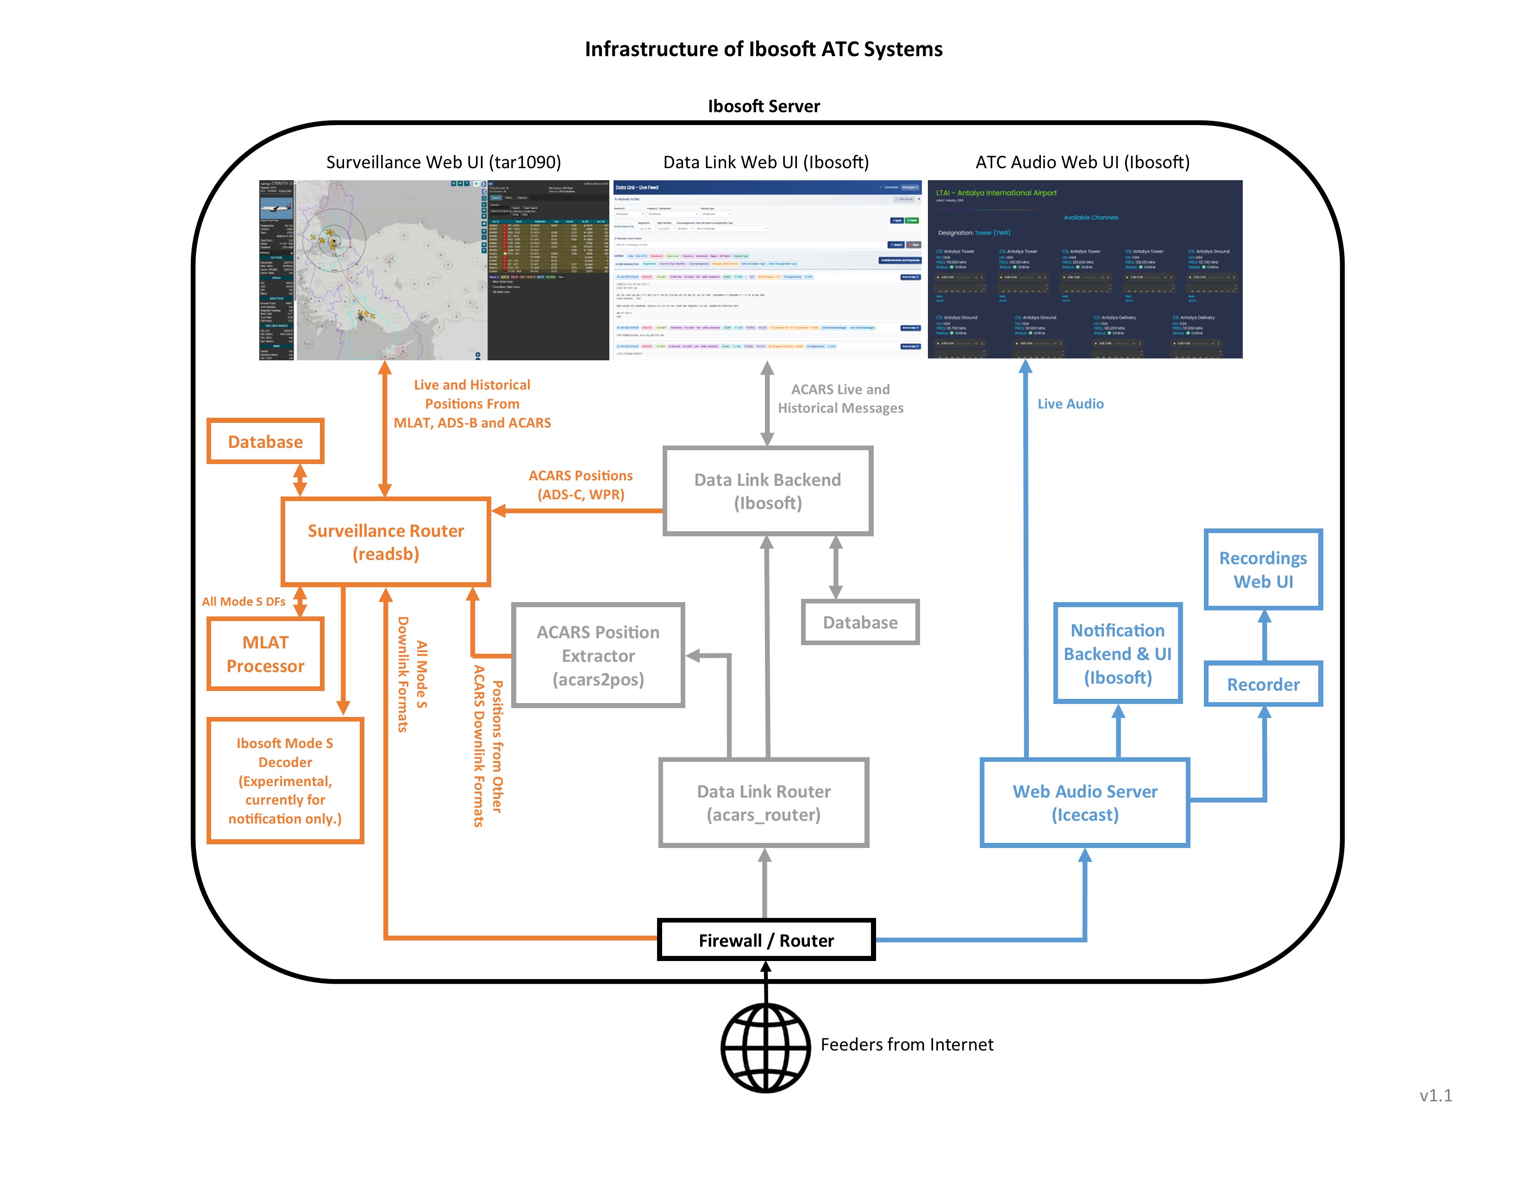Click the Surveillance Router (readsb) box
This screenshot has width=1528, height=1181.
(386, 541)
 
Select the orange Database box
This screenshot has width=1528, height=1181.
(265, 441)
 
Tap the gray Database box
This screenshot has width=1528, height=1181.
(860, 622)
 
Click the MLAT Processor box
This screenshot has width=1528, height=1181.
(265, 653)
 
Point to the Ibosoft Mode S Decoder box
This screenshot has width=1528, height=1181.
(285, 780)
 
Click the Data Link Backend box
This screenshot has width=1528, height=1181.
(768, 491)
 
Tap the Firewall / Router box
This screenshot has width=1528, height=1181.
(766, 940)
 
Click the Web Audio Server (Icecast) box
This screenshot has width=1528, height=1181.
(1084, 803)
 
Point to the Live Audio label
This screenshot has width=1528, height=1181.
(1070, 404)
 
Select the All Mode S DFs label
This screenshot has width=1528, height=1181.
(244, 601)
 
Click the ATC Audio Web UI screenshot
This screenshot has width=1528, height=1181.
(1084, 270)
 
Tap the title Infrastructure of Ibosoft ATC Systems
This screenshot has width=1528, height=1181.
(763, 49)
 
